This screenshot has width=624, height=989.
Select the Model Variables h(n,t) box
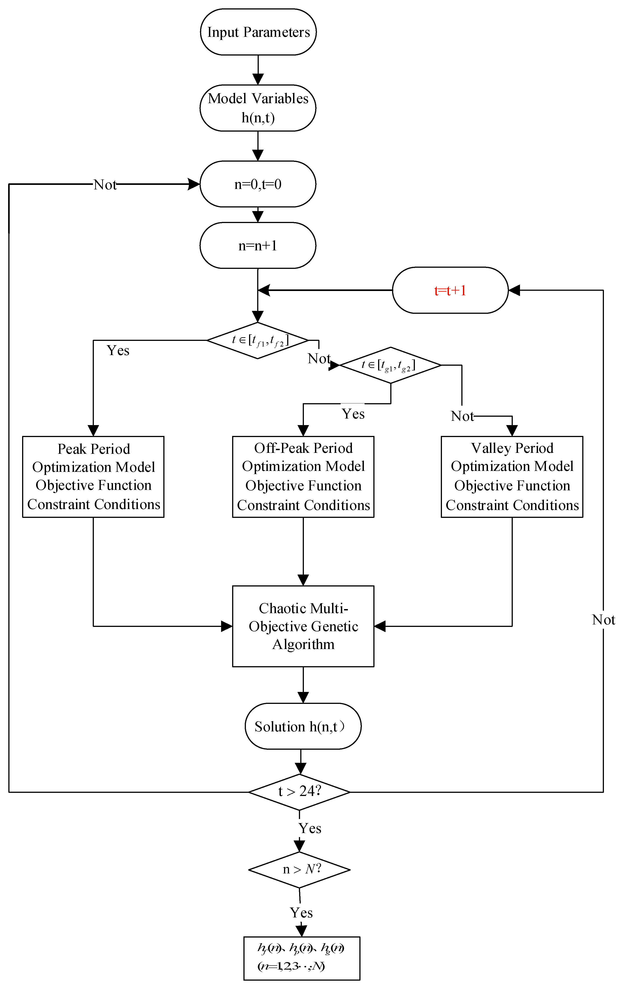(x=258, y=108)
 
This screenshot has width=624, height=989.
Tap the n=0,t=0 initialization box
(x=258, y=184)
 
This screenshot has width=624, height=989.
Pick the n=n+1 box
(x=258, y=246)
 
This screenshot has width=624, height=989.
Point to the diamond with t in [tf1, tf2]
(x=258, y=340)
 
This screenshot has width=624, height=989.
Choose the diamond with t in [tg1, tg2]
(x=391, y=365)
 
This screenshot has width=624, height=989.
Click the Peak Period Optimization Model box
(x=93, y=476)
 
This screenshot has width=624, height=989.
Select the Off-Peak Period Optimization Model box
(x=303, y=476)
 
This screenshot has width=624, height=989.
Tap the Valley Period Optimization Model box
(x=512, y=476)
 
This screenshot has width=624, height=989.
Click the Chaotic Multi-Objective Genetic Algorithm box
(x=303, y=626)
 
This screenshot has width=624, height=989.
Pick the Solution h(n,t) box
(x=303, y=726)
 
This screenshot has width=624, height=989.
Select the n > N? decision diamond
(x=299, y=870)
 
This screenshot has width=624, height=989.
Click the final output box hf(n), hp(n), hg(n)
(x=302, y=959)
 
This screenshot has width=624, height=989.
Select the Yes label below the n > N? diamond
(x=301, y=913)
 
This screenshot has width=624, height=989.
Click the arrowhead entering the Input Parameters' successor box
(x=258, y=79)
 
